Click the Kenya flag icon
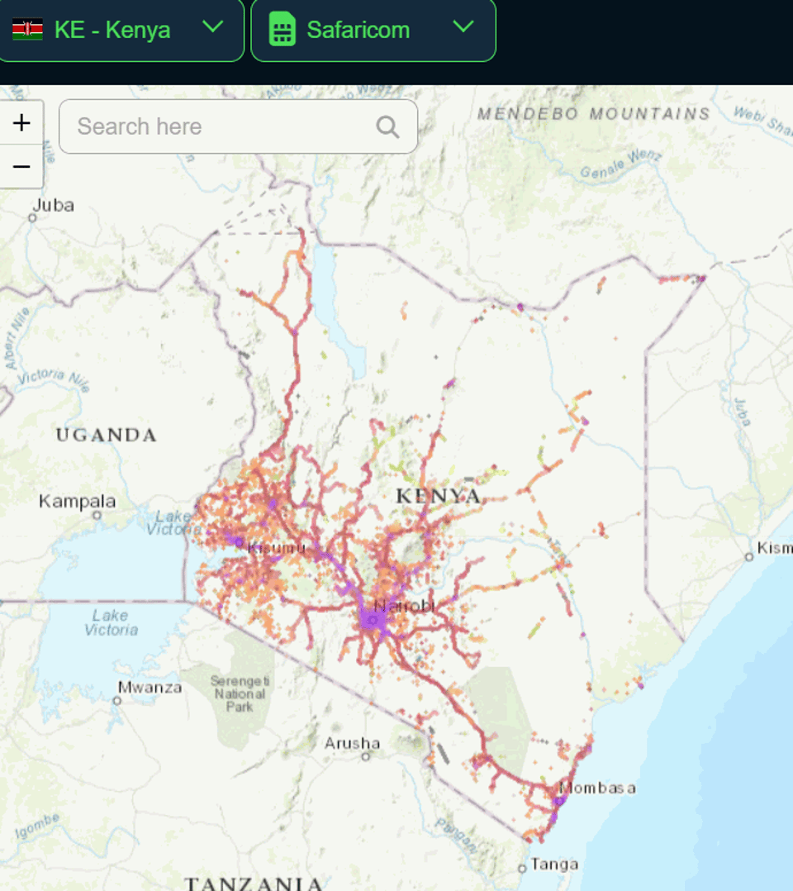(27, 30)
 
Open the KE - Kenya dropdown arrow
(213, 26)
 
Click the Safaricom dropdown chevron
(463, 26)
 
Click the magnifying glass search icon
(387, 126)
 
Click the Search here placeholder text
(140, 126)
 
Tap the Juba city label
(54, 205)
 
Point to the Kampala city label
(78, 501)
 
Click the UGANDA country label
(106, 435)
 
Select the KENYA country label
(438, 496)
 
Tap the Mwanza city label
(150, 687)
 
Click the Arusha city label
(352, 743)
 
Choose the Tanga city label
(554, 864)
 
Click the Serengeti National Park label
(240, 693)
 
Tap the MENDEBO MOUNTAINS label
(593, 113)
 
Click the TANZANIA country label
(253, 883)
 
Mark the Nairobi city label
(404, 606)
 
